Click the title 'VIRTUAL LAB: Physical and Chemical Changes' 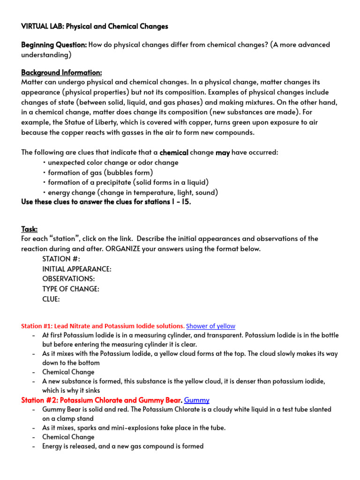(x=94, y=26)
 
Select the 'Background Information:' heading (x=61, y=73)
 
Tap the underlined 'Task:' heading (x=29, y=229)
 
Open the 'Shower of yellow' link (x=210, y=326)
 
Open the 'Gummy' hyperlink (x=196, y=400)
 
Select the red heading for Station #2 (x=102, y=400)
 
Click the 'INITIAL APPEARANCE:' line (x=77, y=269)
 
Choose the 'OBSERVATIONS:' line (x=68, y=279)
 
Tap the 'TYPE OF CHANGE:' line (x=71, y=289)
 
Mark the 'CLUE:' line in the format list (x=51, y=299)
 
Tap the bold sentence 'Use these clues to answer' (x=106, y=202)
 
